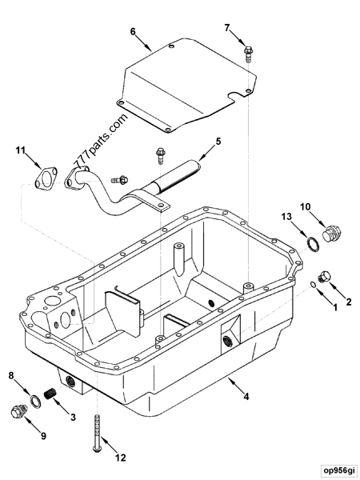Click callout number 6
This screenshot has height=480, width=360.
point(134,32)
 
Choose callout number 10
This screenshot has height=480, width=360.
point(305,208)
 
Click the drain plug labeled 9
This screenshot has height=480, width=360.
point(18,413)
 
